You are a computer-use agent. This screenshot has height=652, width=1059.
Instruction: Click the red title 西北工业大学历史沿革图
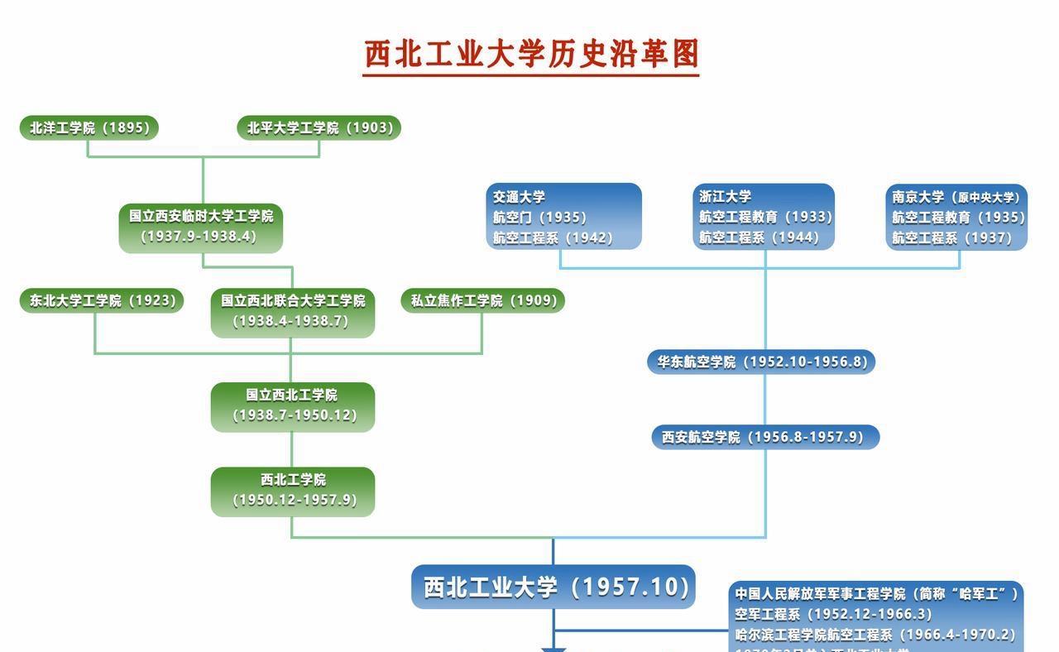coord(531,54)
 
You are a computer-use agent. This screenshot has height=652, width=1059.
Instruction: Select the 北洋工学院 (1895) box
coord(89,127)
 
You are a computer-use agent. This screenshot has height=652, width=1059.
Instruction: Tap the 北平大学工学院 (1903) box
coord(319,127)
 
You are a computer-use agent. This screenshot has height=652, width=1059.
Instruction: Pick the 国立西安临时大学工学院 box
coord(200,226)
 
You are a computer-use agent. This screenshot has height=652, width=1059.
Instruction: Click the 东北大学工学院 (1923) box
coord(102,300)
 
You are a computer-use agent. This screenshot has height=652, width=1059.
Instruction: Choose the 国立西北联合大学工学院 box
coord(292,311)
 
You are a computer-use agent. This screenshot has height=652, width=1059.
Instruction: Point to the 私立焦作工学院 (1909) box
coord(482,300)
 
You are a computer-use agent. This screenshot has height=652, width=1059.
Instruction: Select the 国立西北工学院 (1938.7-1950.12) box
coord(292,405)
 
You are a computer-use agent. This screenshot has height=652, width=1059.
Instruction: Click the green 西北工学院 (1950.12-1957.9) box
coord(292,491)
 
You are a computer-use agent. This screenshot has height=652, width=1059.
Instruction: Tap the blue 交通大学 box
coord(563,217)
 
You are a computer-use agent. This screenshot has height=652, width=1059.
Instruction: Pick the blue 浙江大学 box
coord(764,217)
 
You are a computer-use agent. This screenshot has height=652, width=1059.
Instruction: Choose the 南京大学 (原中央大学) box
coord(956,217)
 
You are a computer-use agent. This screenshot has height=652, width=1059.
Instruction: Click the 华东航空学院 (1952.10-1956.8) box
coord(761,362)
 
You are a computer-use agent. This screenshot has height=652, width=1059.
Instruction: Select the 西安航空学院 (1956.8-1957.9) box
coord(764,437)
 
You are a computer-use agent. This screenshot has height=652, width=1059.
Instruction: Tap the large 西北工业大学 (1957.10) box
coord(553,587)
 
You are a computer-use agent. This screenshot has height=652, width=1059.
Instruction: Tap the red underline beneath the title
coord(531,75)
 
